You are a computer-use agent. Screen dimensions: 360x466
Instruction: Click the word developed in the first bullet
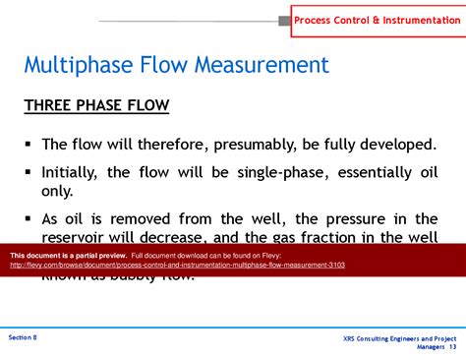(397, 145)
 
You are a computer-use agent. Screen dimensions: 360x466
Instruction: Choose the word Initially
(71, 171)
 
